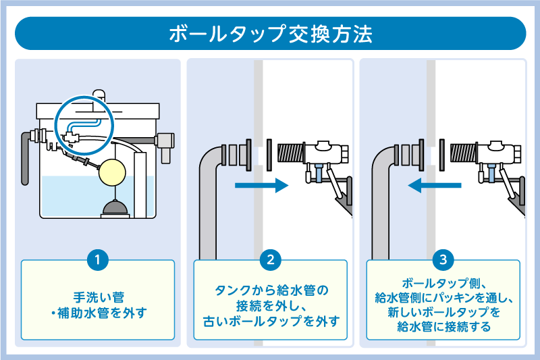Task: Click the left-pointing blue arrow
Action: coord(435,184)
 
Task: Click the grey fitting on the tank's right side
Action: coord(164,141)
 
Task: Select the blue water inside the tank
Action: coord(67,196)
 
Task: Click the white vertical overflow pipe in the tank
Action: coord(140,182)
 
